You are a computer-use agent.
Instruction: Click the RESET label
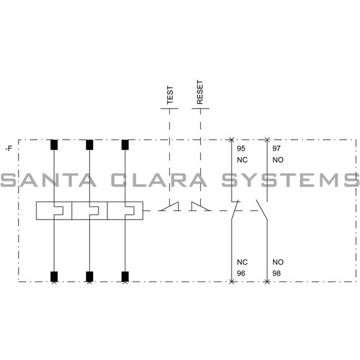pos(200,93)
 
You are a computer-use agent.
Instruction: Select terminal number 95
pos(241,148)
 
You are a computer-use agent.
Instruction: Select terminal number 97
pos(277,148)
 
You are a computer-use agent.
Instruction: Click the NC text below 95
pos(242,160)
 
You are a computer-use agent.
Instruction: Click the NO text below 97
pos(278,160)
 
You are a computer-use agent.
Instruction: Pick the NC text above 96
pos(242,262)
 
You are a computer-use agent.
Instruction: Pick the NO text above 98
pos(278,262)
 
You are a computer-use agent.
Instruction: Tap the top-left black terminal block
pos(54,145)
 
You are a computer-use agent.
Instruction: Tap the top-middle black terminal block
pos(89,145)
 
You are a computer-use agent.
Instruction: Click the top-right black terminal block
pos(125,145)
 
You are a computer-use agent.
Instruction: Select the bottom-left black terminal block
pos(54,276)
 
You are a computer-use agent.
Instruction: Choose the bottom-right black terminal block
pos(125,276)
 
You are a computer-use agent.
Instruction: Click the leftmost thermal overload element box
pos(53,211)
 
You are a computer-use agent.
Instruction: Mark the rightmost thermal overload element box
pos(125,211)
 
